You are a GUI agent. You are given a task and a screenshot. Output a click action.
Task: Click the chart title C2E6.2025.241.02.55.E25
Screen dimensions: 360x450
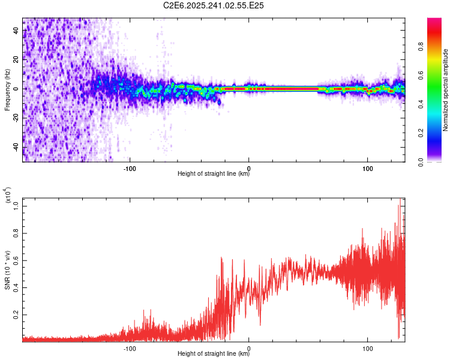(x=214, y=5)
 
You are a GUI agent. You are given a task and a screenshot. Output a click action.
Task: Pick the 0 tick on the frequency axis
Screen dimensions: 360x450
(x=17, y=89)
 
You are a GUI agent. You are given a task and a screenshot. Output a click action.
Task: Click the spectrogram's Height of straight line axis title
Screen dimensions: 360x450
(x=214, y=175)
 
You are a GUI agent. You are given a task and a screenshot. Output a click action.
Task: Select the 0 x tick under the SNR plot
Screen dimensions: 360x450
(x=249, y=348)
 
